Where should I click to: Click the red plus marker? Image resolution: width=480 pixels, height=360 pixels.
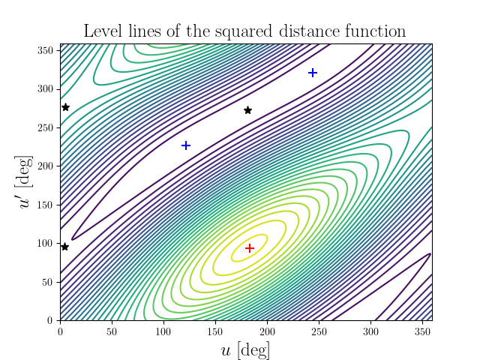250,247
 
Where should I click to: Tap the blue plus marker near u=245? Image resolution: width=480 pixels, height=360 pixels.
313,73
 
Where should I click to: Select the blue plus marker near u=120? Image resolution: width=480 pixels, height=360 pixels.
186,145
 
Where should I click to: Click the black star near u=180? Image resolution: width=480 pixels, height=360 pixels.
247,110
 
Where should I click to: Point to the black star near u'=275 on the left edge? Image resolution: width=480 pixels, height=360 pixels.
65,107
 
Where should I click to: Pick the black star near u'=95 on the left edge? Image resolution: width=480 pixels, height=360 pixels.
64,246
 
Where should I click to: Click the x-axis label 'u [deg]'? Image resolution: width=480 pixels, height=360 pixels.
245,349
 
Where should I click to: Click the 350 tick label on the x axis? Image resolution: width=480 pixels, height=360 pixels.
422,330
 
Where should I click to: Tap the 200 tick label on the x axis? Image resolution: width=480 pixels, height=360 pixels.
267,330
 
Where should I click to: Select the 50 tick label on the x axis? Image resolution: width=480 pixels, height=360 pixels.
112,330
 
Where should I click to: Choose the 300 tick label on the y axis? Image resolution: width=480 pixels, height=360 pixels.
46,88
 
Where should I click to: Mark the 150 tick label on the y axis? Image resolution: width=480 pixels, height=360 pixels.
46,204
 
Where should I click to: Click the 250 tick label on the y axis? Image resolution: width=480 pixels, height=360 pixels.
46,127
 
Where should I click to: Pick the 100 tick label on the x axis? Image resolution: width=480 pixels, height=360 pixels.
163,330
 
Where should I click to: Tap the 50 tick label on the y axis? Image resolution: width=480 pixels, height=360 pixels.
49,281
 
